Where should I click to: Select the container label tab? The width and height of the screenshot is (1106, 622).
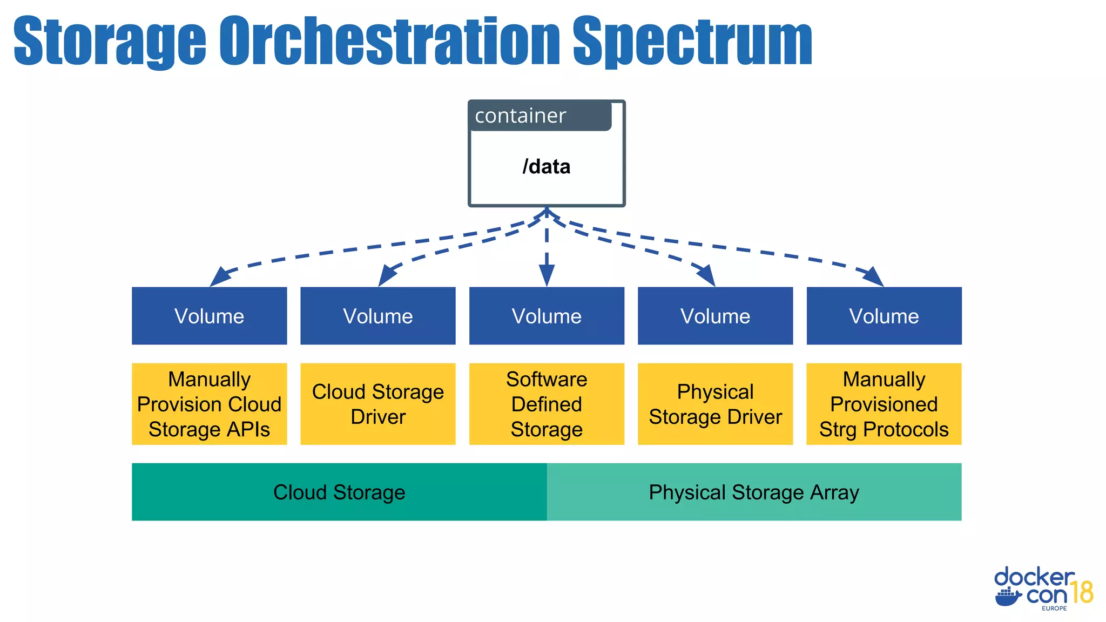539,116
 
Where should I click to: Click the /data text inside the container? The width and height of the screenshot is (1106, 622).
546,167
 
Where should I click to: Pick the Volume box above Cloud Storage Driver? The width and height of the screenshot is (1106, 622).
377,316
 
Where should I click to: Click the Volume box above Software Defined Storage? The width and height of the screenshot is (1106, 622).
547,316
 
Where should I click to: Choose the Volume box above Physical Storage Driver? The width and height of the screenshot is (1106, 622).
715,316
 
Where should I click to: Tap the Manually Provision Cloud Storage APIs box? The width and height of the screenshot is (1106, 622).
209,404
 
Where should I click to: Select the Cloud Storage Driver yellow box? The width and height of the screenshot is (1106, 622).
377,404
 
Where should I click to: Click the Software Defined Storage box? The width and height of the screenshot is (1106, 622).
547,404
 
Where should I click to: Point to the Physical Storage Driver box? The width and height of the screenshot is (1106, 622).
715,404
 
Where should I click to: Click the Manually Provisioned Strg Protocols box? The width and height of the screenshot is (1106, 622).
884,404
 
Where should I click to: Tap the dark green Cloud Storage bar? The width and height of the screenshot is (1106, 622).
339,492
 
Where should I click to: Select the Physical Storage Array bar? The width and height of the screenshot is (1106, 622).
754,492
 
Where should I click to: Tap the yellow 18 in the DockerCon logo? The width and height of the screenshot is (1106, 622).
1082,592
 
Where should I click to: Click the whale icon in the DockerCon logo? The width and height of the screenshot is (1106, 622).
1008,597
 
